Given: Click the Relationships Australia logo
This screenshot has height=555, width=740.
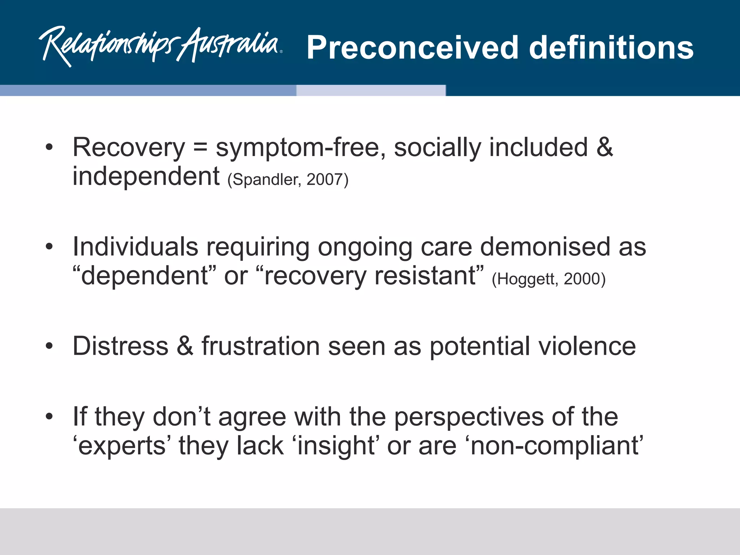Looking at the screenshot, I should [x=161, y=46].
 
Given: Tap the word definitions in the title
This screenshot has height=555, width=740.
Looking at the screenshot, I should [x=611, y=48].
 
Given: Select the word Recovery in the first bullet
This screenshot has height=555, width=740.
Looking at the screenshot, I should [x=129, y=148].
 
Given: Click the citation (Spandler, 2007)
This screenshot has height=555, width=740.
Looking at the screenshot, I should [x=288, y=180].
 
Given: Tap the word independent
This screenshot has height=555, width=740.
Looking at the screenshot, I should [x=146, y=176].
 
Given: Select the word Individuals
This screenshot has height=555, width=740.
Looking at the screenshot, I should [x=135, y=247].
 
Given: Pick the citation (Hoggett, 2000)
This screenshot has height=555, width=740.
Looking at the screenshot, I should [x=548, y=279].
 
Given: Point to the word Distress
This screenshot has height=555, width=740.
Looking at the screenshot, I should [x=121, y=346].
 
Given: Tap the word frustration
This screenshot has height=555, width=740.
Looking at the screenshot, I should [x=261, y=346].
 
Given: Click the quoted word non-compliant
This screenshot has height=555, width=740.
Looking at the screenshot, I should [x=556, y=446].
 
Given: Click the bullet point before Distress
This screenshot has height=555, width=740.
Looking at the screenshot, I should [x=50, y=346].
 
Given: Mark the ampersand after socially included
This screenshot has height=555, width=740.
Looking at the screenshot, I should [x=605, y=148].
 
